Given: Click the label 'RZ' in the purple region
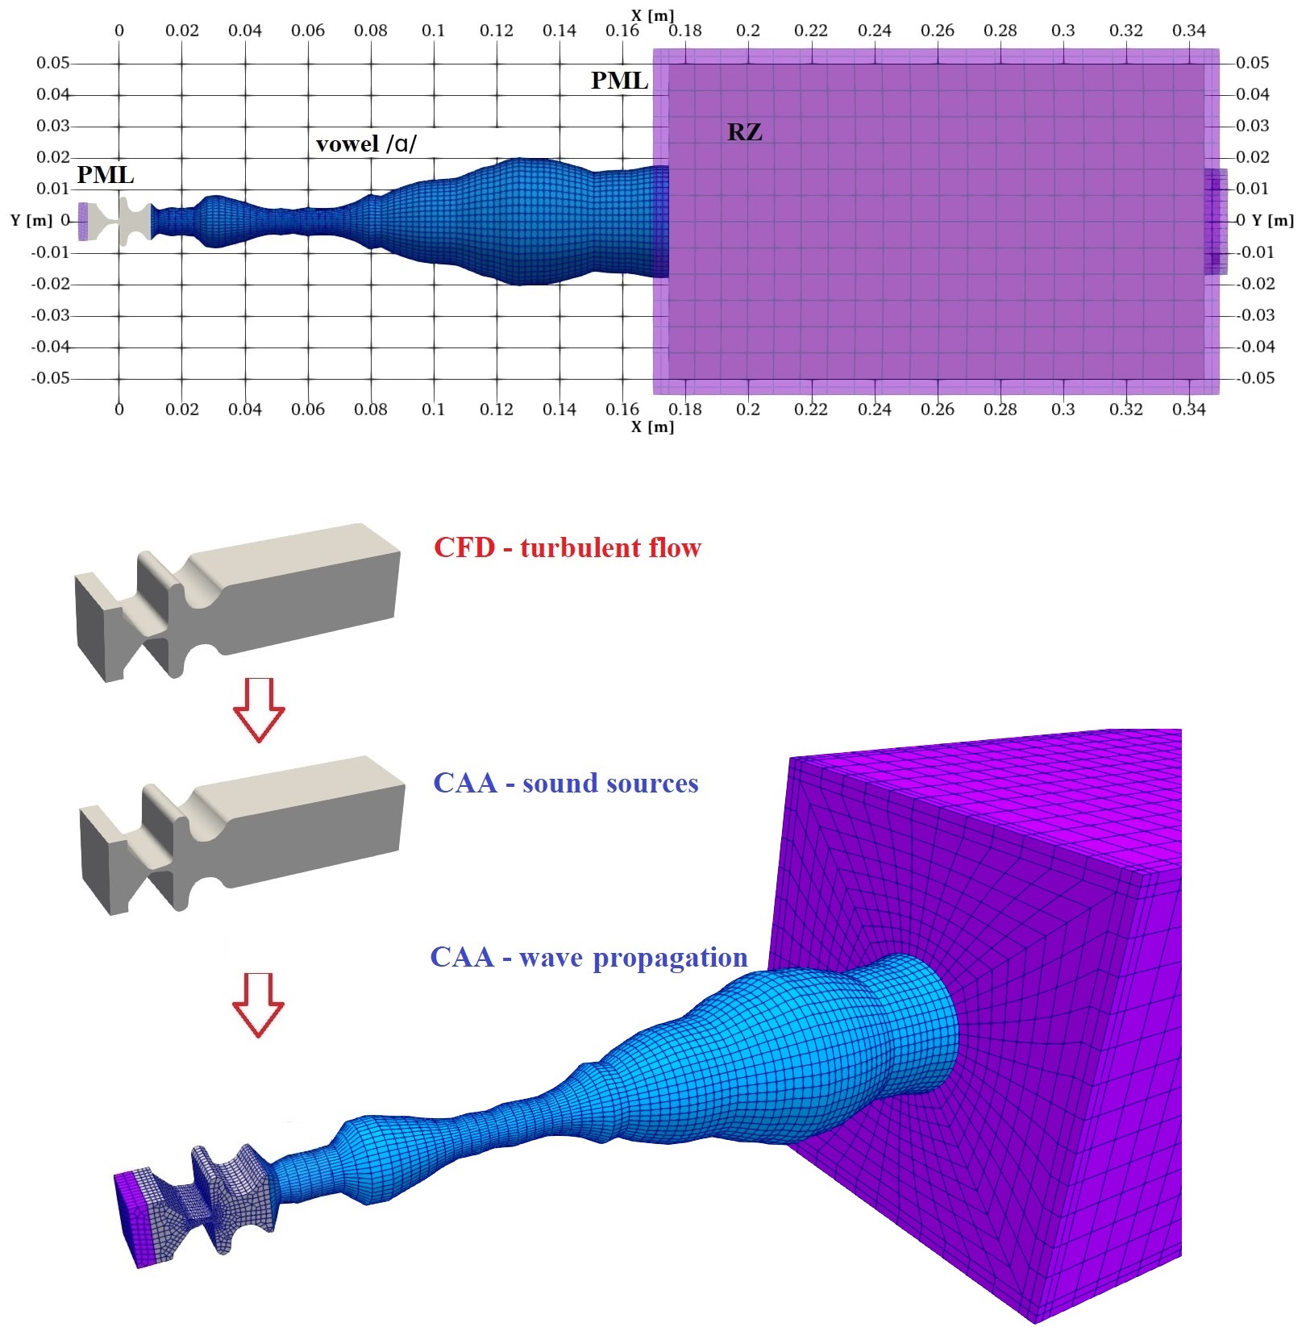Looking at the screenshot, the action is click(744, 131).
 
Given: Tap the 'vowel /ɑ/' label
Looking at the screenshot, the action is click(367, 144).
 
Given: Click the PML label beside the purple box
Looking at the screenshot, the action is click(619, 81).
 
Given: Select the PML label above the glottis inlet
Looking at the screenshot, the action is click(106, 175).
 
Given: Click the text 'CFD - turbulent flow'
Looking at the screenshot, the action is click(568, 548).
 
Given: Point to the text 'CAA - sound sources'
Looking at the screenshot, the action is click(566, 783).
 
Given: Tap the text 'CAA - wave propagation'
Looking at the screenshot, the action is click(589, 957).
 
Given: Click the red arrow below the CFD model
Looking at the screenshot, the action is click(259, 709).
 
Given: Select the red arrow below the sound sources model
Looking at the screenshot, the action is click(258, 1005).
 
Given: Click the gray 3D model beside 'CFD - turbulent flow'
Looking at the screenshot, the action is click(237, 602).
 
